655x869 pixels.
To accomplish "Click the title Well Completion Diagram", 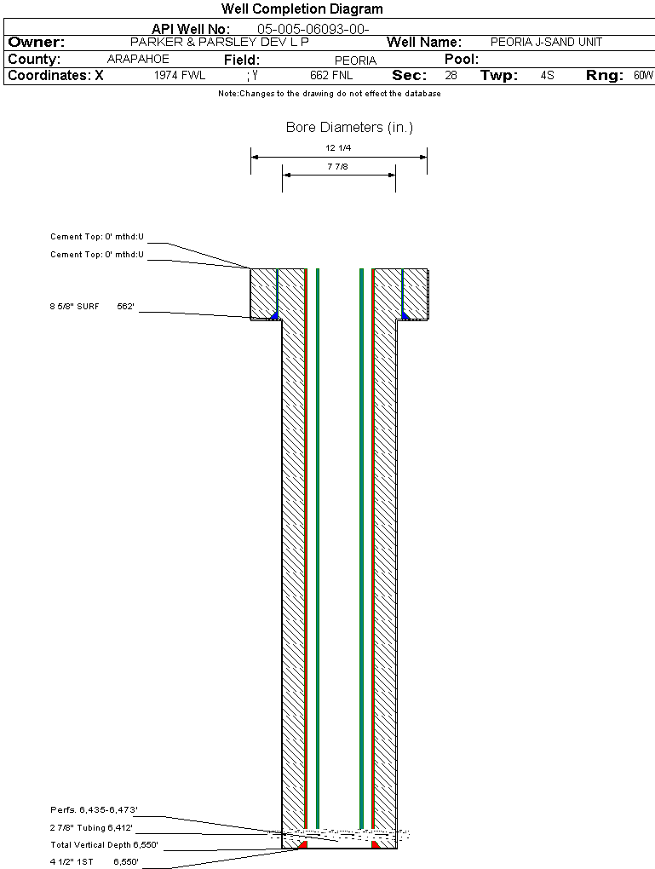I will click(x=302, y=9).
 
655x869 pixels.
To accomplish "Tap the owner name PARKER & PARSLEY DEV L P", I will click(x=219, y=42).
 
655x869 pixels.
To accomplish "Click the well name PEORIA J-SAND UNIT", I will click(x=546, y=42).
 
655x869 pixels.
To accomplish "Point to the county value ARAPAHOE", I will click(x=138, y=59).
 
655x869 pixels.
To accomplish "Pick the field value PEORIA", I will click(x=355, y=60).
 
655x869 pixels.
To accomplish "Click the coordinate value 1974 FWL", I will click(x=180, y=76).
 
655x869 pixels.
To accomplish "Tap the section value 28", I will click(x=451, y=76).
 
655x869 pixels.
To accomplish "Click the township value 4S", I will click(x=547, y=76).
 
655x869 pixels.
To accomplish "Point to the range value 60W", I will click(x=643, y=76).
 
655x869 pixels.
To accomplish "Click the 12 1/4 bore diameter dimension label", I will click(x=338, y=148).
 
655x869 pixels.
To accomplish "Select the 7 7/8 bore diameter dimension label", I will click(x=338, y=167).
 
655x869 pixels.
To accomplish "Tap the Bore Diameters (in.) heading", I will click(x=349, y=128).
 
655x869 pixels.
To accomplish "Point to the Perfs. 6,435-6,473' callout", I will click(x=94, y=809).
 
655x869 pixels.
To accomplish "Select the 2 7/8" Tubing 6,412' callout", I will click(x=92, y=827).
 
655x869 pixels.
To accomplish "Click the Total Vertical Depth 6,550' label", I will click(x=104, y=845).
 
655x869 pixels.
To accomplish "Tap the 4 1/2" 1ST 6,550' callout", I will click(x=94, y=862).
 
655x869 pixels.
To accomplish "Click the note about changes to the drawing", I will click(x=330, y=94).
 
